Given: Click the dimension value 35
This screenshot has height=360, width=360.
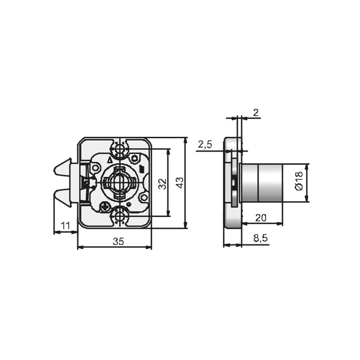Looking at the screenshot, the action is (x=118, y=241).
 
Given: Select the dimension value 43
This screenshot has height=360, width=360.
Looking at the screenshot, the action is (x=180, y=183).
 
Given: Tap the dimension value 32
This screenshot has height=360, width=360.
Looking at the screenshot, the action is (x=162, y=184).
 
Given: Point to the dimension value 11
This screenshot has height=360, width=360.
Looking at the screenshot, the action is (x=65, y=226).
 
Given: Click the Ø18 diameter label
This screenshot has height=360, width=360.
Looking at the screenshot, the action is (x=299, y=181).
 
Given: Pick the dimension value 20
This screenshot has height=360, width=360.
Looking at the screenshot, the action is (x=261, y=218).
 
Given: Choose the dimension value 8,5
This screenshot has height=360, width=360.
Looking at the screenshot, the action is (x=261, y=238).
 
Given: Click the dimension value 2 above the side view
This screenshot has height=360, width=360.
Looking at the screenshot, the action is (x=256, y=113).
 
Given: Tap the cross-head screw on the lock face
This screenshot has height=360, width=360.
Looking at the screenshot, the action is (x=105, y=207).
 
